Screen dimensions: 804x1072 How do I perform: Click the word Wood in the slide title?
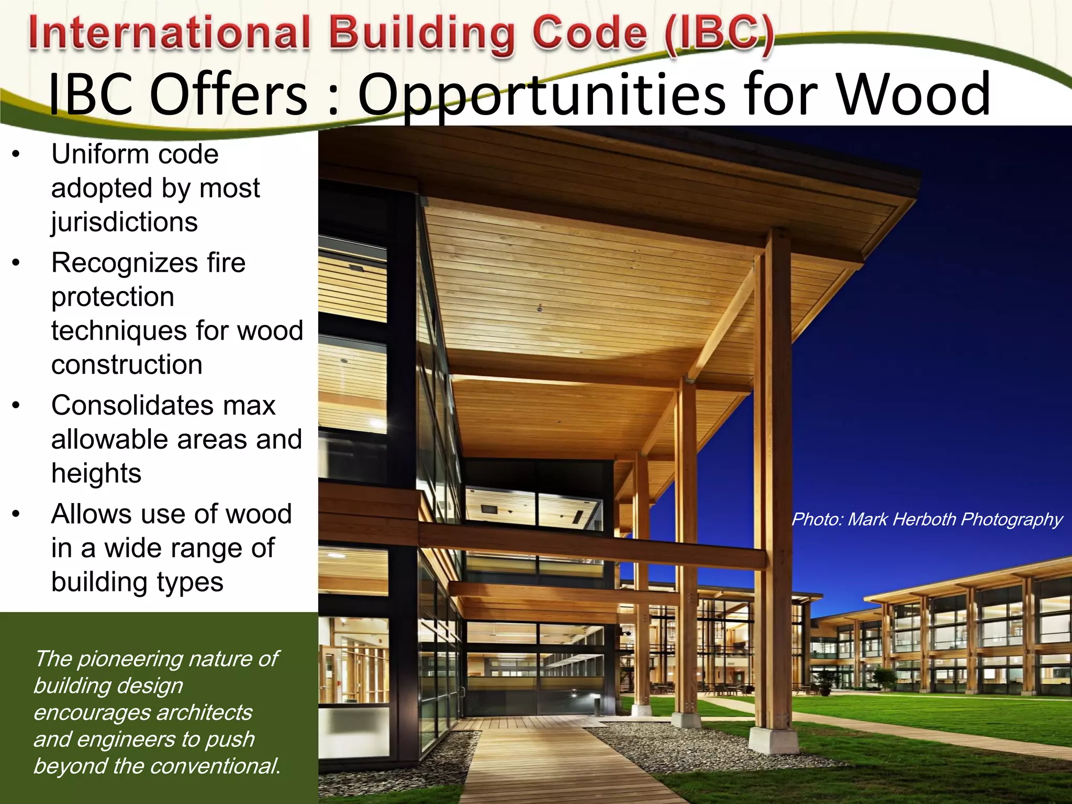pyautogui.click(x=913, y=95)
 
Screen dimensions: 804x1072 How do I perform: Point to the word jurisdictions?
pyautogui.click(x=125, y=222)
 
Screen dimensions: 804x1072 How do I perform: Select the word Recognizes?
pyautogui.click(x=121, y=263)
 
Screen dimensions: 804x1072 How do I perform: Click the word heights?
pyautogui.click(x=96, y=473)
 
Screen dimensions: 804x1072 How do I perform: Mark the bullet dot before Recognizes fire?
pyautogui.click(x=16, y=263)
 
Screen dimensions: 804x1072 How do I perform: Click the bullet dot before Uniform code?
pyautogui.click(x=16, y=154)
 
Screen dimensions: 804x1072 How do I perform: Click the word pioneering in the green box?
pyautogui.click(x=129, y=659)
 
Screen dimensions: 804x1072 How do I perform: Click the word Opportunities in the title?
pyautogui.click(x=542, y=95)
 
